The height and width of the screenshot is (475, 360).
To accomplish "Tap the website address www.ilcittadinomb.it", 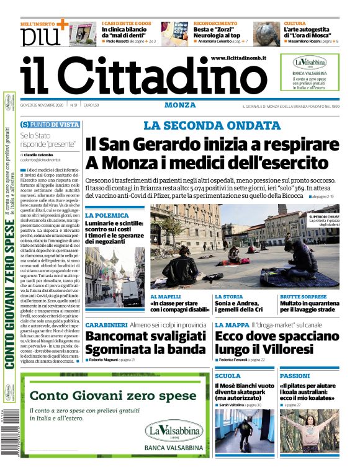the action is [238, 58].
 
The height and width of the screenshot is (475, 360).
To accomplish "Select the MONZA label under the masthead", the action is [180, 105].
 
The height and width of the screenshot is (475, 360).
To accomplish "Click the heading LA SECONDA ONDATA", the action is [212, 125].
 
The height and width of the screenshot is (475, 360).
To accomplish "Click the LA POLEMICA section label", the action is [107, 215].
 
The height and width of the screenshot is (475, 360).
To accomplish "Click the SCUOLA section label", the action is [227, 376].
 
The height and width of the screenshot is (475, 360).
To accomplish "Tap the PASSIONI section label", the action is [294, 376].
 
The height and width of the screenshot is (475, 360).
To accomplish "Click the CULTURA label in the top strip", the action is [294, 22].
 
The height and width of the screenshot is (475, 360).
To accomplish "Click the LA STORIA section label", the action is [229, 297].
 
